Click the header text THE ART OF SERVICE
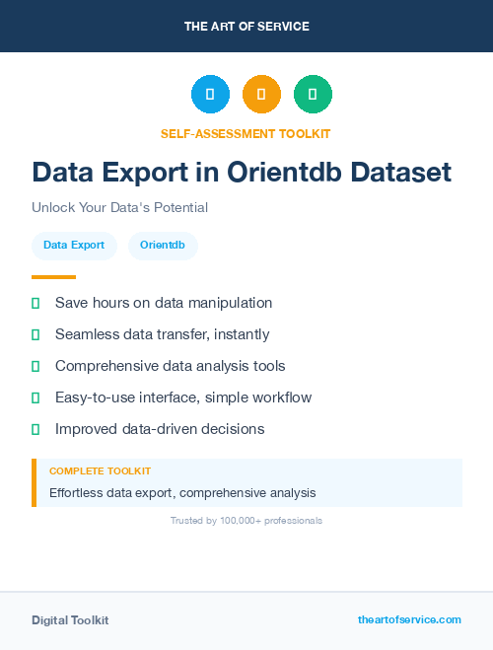click(246, 26)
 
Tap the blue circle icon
click(210, 94)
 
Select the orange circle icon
click(261, 94)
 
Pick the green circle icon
click(313, 94)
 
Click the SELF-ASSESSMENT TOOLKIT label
click(246, 133)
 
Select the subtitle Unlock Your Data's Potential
click(119, 207)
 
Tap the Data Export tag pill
click(74, 246)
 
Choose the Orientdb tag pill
click(163, 246)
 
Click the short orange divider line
click(53, 277)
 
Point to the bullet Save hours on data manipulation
click(163, 303)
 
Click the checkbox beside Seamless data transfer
click(36, 334)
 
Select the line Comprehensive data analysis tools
click(170, 366)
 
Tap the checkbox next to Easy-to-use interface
click(36, 397)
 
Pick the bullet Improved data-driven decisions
click(160, 429)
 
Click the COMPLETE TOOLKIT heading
click(100, 471)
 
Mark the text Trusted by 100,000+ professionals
click(246, 520)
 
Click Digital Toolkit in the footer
click(70, 619)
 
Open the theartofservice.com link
click(409, 619)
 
